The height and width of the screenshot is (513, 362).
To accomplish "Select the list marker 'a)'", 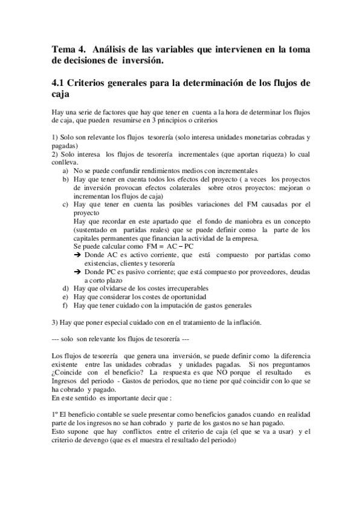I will pos(65,171).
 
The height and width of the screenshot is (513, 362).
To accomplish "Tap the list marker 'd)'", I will pos(65,289).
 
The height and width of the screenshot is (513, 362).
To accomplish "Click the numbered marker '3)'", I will pos(56,322).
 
